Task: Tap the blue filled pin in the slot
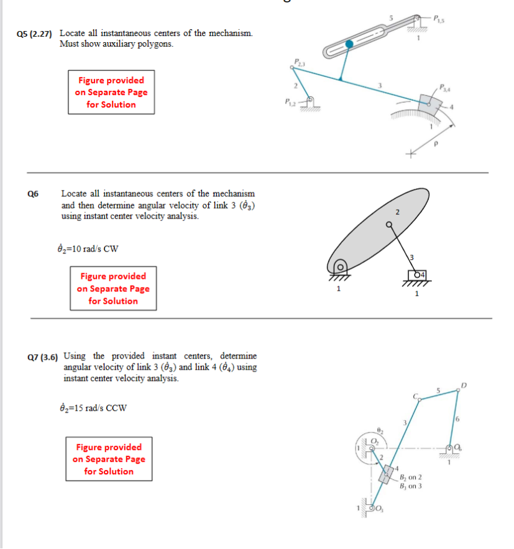(x=350, y=44)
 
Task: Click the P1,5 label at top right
(x=439, y=18)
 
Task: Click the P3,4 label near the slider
(x=446, y=87)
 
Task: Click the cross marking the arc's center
(x=410, y=152)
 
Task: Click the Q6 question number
(x=33, y=194)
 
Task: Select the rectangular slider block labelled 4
(x=416, y=274)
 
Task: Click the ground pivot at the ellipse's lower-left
(x=340, y=268)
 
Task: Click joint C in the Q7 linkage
(x=418, y=401)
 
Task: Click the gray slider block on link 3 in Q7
(x=385, y=474)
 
